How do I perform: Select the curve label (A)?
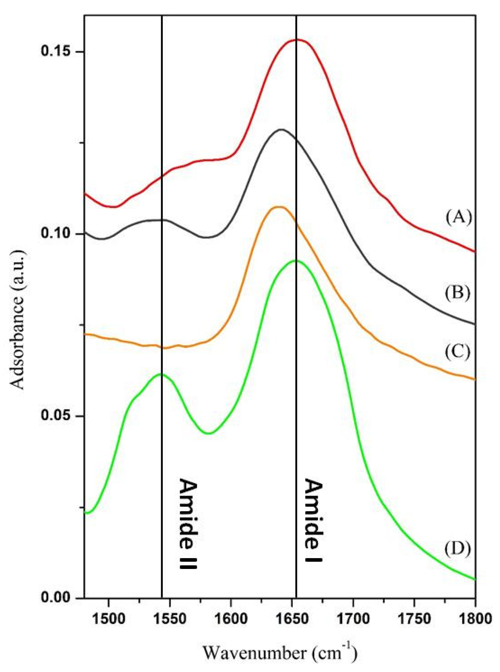458,217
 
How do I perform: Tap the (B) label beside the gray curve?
458,293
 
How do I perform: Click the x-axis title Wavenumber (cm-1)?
280,653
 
